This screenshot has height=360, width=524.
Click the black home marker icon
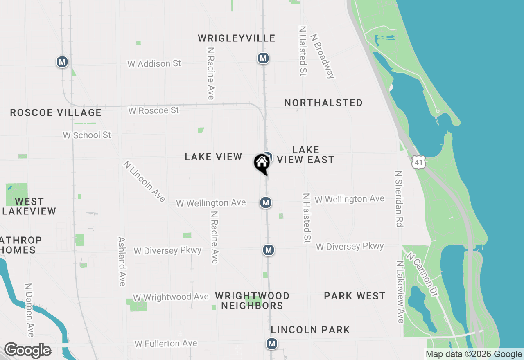click(262, 163)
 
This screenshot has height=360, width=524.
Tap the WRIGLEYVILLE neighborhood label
click(237, 38)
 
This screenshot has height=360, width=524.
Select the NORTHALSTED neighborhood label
click(323, 103)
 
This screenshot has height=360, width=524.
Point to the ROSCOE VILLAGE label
click(56, 112)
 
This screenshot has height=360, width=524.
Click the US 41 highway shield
click(418, 162)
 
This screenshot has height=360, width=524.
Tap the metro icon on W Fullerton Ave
click(271, 344)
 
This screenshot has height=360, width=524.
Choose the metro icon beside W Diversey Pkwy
click(268, 250)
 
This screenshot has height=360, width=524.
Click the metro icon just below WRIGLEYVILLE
click(263, 58)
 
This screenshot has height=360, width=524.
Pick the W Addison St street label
click(154, 64)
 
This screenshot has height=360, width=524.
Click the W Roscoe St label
click(154, 110)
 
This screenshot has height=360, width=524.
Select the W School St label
click(87, 135)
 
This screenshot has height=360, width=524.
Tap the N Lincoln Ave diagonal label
click(144, 181)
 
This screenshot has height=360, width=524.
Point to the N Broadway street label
click(323, 56)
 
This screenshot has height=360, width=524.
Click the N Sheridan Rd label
click(399, 199)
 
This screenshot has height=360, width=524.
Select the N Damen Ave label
click(29, 310)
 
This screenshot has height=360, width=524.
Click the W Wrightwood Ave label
click(171, 297)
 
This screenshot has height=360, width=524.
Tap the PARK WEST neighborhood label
click(355, 296)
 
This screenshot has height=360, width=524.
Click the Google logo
click(27, 351)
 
